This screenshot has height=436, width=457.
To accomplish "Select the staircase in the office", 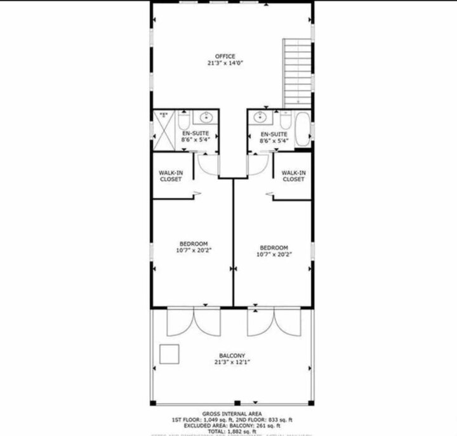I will pos(297,73).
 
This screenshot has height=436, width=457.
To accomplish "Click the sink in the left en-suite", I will pos(206,117).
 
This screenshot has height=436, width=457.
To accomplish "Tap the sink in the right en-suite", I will pos(259,117).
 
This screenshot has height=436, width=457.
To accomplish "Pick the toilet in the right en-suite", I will pos(284,121).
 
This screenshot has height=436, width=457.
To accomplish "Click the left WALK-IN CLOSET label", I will pos(170,176).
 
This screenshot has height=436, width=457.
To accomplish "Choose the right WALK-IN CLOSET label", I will pos(293,176).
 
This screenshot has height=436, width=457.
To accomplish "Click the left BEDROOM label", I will pos(194,244).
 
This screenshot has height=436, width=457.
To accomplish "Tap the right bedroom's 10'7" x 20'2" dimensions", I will pos(274,254).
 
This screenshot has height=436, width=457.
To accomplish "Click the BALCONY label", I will pos(232,355).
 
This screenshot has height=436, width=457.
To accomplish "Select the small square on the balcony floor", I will pos(169,353).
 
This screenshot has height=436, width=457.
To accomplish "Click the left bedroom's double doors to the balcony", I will pos(193,322).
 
